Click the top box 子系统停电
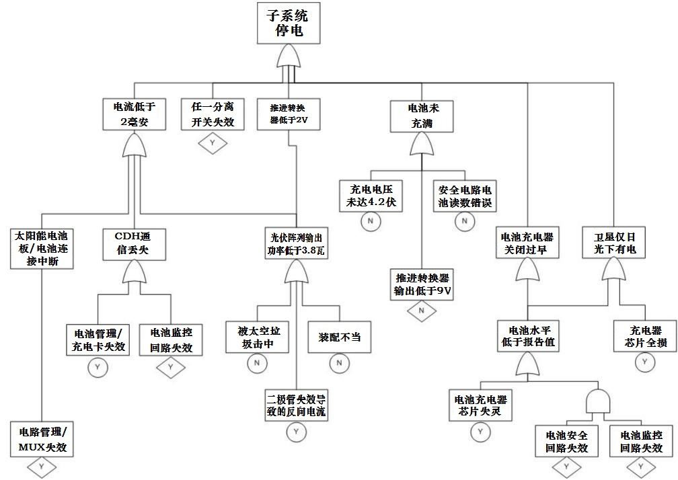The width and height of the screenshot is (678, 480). tap(288, 24)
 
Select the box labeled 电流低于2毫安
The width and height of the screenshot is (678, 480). tap(134, 113)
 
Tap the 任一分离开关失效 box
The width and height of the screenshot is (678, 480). tap(213, 113)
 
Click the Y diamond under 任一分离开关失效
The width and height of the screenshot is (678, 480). tap(213, 143)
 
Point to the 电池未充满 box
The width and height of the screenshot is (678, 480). tap(422, 114)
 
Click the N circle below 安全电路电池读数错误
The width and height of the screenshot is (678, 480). tap(464, 221)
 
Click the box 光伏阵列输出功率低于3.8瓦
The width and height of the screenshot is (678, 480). tap(296, 244)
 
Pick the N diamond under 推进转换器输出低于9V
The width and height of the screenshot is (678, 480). tap(422, 310)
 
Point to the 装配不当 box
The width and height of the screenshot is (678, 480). tap(339, 336)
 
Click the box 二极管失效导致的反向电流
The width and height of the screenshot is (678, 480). tap(296, 405)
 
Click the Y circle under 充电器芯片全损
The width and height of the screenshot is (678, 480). tap(645, 362)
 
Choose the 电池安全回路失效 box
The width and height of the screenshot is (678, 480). tap(566, 440)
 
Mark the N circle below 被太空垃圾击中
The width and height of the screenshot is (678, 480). tap(256, 363)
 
